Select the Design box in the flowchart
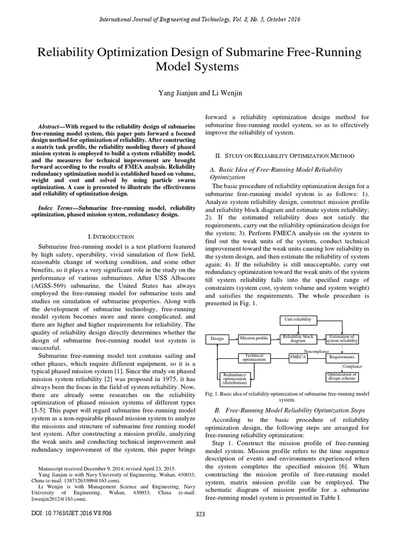(217, 338)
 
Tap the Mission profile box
(254, 338)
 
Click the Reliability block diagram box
(297, 338)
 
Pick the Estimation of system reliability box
(342, 338)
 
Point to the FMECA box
(298, 357)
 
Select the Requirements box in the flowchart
(342, 357)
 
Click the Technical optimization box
(254, 357)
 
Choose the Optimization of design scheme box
(342, 377)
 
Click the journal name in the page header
(200, 20)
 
